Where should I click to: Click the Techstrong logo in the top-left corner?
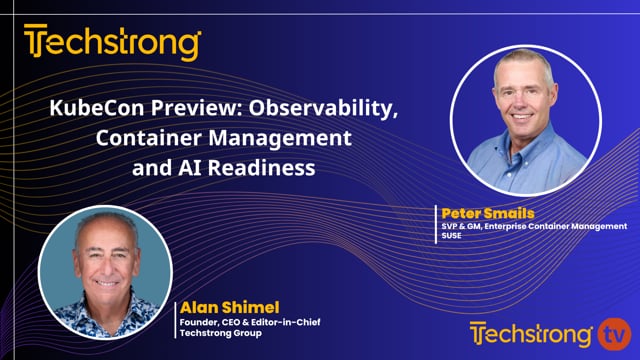coord(112,43)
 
